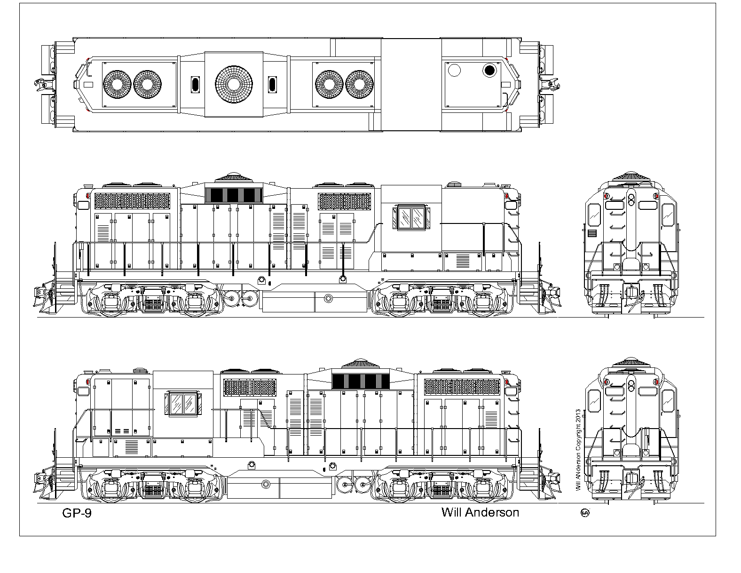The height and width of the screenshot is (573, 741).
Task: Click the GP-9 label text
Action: click(77, 513)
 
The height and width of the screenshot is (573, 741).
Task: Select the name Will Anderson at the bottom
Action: click(480, 512)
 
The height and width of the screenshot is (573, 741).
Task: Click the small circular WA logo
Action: click(585, 513)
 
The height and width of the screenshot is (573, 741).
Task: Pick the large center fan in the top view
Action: click(234, 85)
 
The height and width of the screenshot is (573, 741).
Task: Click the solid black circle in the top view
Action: click(489, 71)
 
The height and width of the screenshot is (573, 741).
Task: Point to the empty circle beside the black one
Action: click(454, 70)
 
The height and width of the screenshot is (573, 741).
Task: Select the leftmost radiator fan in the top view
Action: click(117, 85)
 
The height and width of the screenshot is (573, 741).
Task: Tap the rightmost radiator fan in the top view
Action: click(359, 85)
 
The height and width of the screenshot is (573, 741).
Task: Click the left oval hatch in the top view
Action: click(195, 85)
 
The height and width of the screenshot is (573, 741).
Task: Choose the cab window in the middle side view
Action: click(411, 217)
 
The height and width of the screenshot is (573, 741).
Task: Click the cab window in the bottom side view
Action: click(183, 404)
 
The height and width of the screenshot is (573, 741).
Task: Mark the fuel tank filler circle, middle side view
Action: click(328, 299)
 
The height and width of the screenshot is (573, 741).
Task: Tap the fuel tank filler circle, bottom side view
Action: click(266, 485)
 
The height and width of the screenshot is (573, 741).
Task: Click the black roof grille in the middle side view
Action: click(234, 195)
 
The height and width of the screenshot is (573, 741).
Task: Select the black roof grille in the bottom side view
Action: click(361, 382)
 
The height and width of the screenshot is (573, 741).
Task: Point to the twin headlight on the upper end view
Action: click(631, 200)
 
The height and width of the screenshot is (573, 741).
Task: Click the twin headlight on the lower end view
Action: click(631, 386)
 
